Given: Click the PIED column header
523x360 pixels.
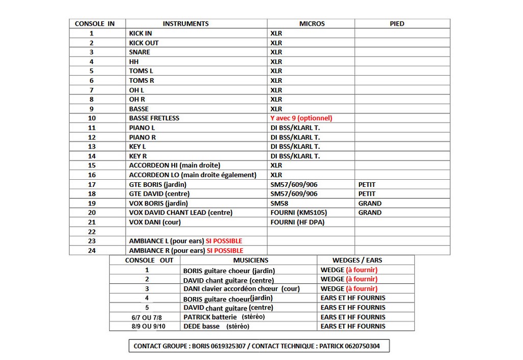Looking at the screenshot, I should [397, 23].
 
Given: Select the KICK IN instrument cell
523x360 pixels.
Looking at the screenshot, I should [140, 33].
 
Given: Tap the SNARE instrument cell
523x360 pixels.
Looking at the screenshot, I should [139, 52].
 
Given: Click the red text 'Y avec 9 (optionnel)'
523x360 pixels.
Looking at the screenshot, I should [301, 118].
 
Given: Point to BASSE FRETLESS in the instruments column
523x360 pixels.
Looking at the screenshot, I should [154, 118].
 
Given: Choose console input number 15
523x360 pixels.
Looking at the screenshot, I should [92, 165].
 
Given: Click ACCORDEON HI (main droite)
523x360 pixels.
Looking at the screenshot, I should [175, 165].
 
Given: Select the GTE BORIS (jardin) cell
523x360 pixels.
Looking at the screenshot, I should [158, 184].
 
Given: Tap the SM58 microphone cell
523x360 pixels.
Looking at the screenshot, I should [279, 203].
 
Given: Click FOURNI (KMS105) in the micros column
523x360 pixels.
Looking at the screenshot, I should [299, 212].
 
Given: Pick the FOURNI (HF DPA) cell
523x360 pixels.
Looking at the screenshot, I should [297, 222].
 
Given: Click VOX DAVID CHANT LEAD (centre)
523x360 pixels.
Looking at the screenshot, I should [181, 212].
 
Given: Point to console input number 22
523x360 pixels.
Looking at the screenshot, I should [92, 231].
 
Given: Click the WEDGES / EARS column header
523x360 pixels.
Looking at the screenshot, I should [357, 260].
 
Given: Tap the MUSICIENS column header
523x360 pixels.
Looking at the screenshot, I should [247, 260].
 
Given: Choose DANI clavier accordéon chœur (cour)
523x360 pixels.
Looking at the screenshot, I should [241, 289].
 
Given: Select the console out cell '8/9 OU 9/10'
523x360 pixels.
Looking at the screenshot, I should [146, 326].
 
